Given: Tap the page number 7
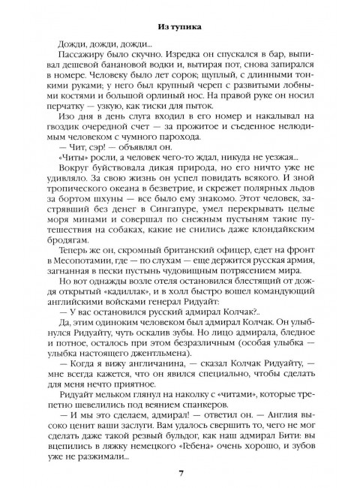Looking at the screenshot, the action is [180, 471].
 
